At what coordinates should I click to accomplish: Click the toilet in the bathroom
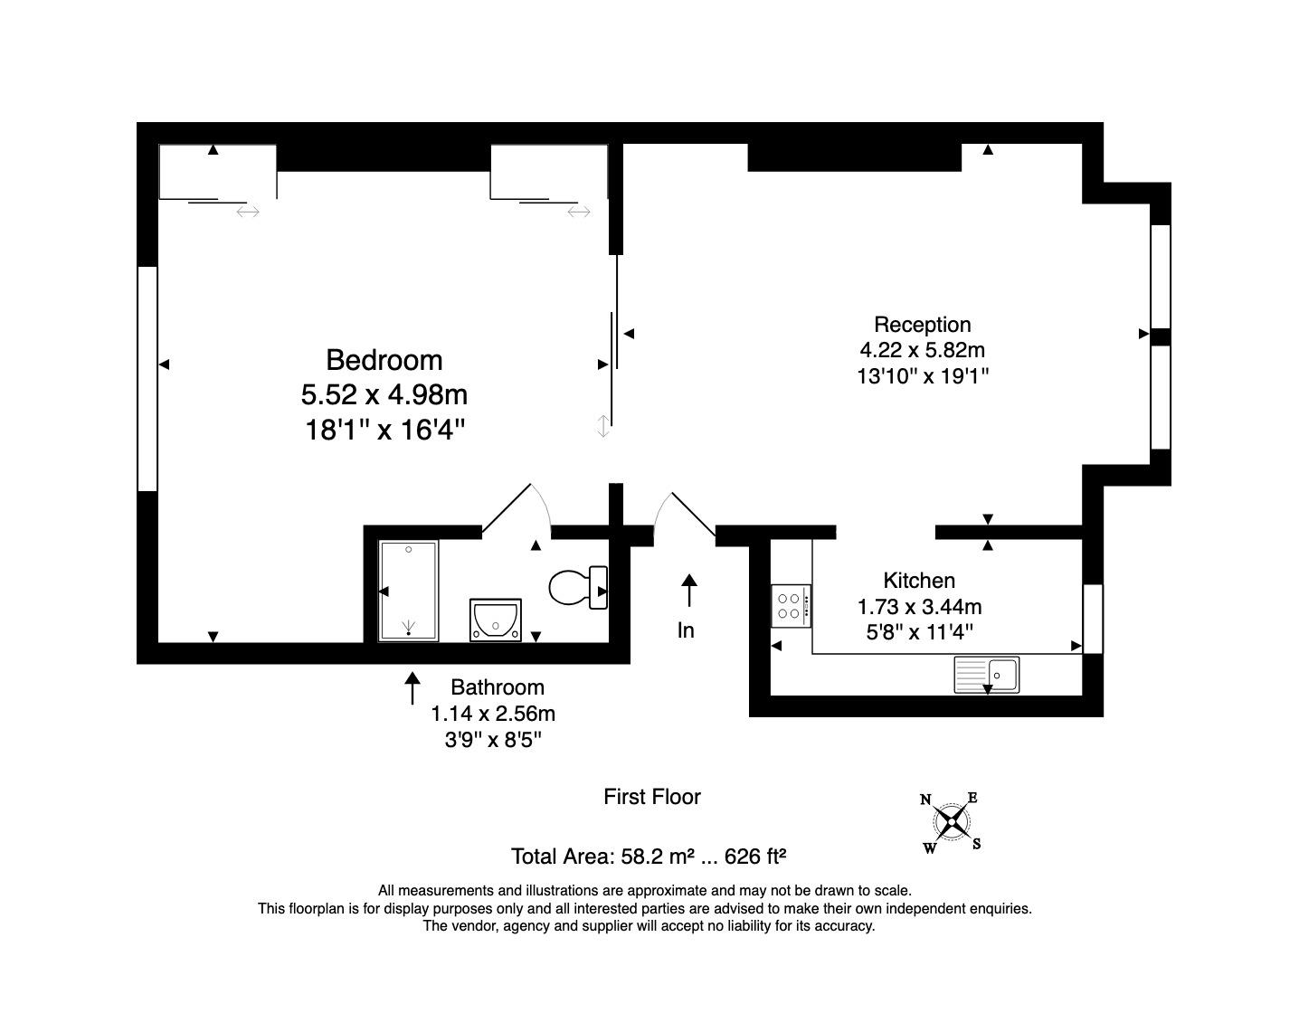578,588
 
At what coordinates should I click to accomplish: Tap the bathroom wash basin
495,620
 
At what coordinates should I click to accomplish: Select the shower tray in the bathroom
409,591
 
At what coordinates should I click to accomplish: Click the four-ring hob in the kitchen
791,605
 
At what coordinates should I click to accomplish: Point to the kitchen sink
986,675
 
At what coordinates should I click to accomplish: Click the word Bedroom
384,360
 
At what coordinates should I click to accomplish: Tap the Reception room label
923,325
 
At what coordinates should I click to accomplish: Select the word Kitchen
919,581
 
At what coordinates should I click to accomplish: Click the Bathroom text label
498,687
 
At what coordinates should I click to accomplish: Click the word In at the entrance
686,630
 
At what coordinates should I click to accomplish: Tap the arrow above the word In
689,591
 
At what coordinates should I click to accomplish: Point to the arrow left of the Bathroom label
412,688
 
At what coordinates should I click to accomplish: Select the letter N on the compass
925,800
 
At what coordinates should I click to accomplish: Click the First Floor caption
651,797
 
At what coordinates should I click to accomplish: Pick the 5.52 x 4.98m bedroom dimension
384,395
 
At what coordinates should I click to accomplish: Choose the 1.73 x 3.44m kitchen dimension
919,607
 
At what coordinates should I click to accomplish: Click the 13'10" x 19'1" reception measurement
923,376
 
